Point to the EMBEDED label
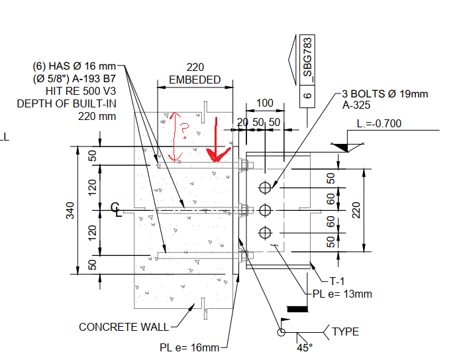(x=195, y=80)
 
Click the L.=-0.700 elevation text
(x=379, y=123)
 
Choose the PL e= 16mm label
(x=189, y=347)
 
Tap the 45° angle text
(x=304, y=345)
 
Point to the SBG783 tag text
(x=307, y=59)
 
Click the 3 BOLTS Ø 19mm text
(x=385, y=93)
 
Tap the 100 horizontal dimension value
(x=265, y=103)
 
